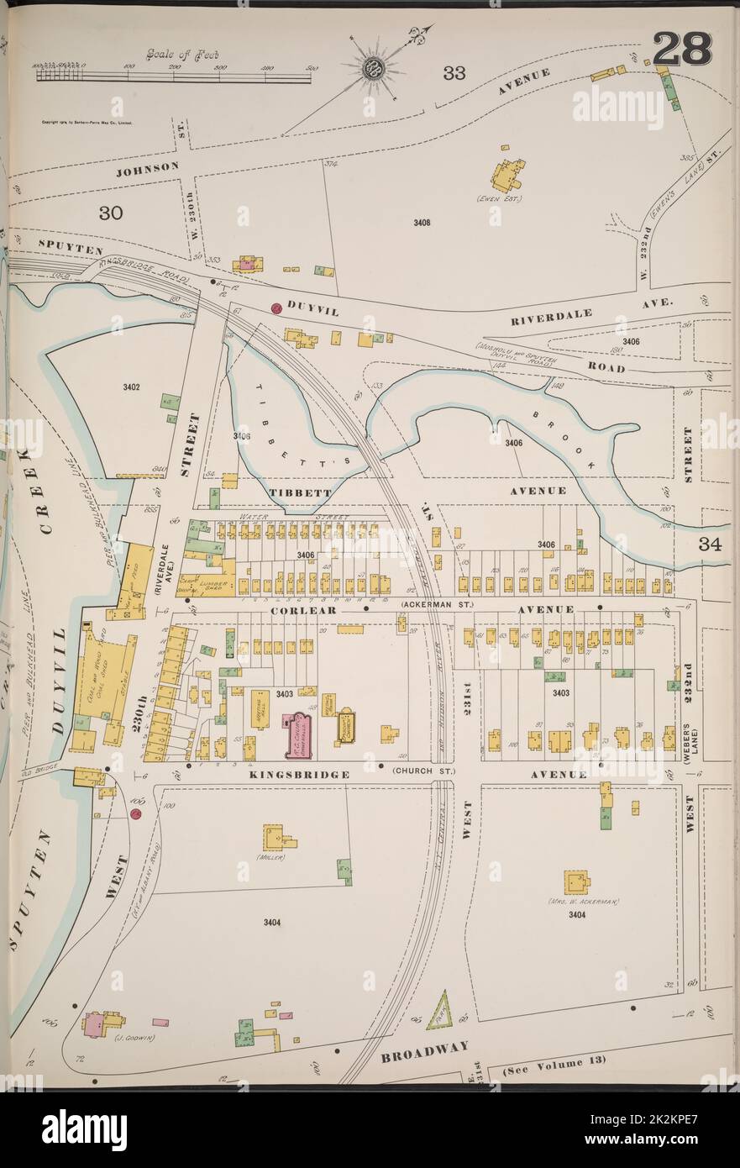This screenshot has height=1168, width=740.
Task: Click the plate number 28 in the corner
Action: (x=681, y=49)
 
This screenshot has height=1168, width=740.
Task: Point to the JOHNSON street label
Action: (x=147, y=167)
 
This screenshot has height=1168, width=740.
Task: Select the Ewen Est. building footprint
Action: (x=507, y=175)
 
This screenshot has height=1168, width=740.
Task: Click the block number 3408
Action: (x=422, y=223)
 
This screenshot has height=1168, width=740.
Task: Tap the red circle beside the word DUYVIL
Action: (x=276, y=308)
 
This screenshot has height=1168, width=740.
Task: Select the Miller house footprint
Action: (x=278, y=838)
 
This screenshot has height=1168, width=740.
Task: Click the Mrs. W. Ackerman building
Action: (x=576, y=881)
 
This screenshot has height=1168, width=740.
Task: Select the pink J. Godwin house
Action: (x=95, y=1023)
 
